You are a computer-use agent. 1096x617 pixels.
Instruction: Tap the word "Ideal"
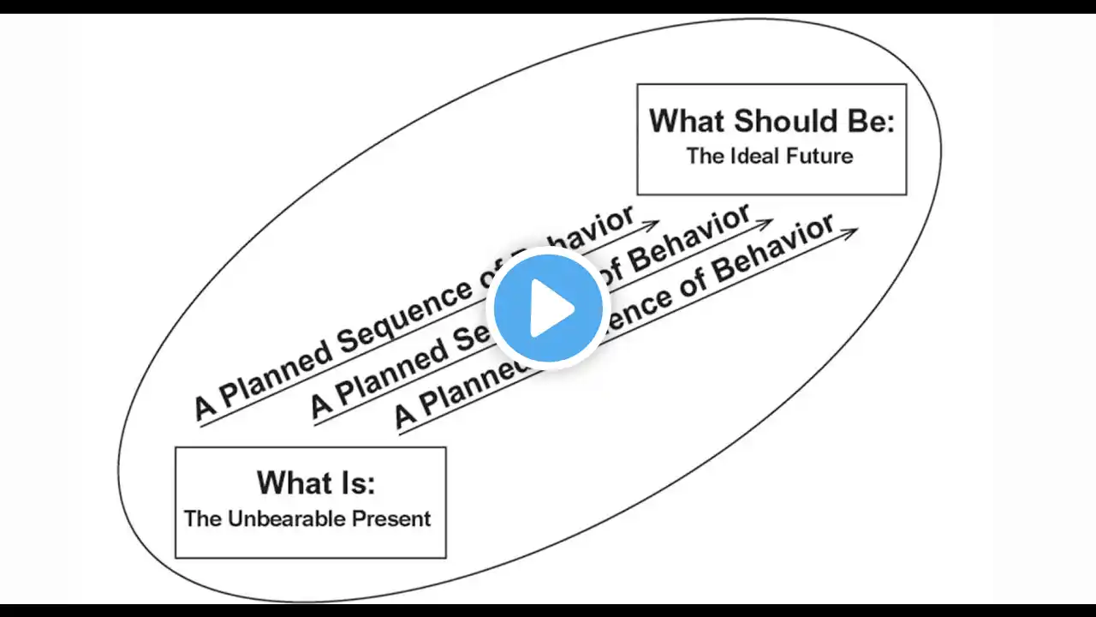pyautogui.click(x=755, y=156)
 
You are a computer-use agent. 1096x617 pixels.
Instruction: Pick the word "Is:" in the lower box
pyautogui.click(x=354, y=482)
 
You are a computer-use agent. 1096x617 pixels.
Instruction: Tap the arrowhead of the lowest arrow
pyautogui.click(x=850, y=231)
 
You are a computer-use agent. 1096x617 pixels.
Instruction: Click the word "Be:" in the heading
pyautogui.click(x=870, y=121)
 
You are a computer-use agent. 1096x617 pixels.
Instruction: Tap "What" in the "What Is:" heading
pyautogui.click(x=289, y=482)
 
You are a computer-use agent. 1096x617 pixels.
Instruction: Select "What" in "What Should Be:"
pyautogui.click(x=688, y=121)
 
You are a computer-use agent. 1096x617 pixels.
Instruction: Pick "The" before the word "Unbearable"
pyautogui.click(x=203, y=518)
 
